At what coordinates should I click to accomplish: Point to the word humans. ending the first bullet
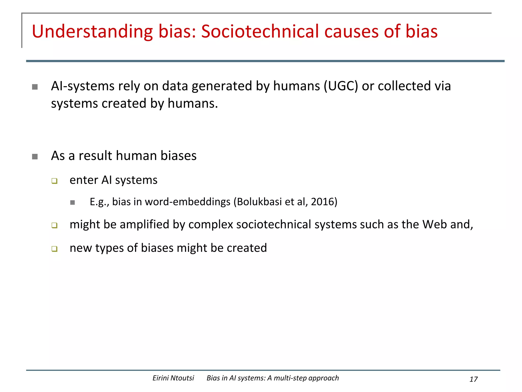click(x=193, y=104)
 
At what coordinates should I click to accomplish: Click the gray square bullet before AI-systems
click(x=35, y=87)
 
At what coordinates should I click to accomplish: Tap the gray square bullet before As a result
click(x=35, y=156)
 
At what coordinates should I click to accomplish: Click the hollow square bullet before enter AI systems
click(x=54, y=181)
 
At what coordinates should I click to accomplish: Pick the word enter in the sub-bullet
click(x=84, y=180)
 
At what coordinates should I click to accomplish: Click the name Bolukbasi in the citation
click(x=259, y=202)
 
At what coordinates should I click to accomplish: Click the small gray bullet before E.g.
click(x=73, y=203)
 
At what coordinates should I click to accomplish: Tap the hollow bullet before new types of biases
click(x=54, y=249)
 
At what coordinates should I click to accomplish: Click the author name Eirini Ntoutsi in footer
click(x=173, y=378)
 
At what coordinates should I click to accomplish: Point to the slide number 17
click(x=473, y=379)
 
